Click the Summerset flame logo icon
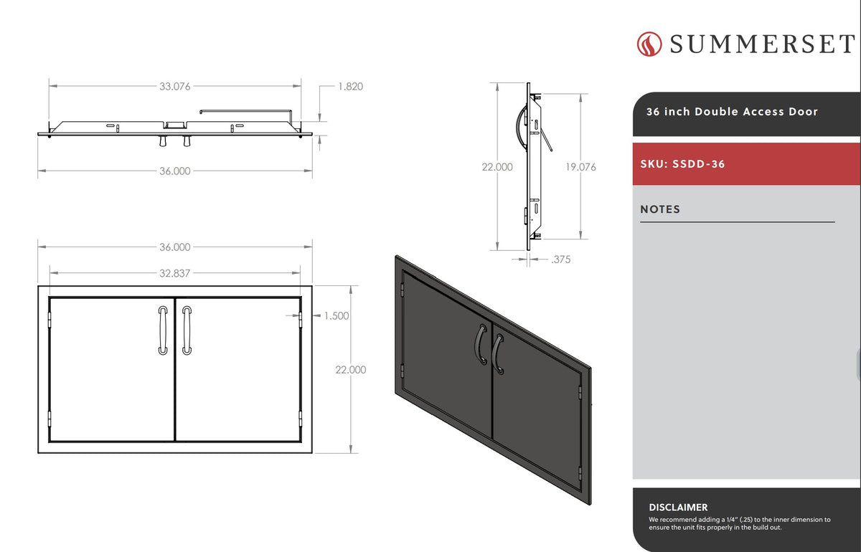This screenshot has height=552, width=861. tap(649, 44)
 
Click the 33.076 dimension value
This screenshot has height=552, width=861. tap(175, 87)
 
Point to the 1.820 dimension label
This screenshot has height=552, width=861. tap(350, 87)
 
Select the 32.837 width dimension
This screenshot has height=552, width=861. tap(175, 273)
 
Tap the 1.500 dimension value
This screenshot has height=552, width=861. tap(337, 315)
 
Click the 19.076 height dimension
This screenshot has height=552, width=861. tap(580, 167)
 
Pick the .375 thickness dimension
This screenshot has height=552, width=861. tap(561, 260)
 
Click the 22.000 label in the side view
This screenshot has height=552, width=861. tap(497, 167)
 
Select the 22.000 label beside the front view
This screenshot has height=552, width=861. tap(351, 369)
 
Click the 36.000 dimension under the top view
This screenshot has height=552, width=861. tap(175, 171)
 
